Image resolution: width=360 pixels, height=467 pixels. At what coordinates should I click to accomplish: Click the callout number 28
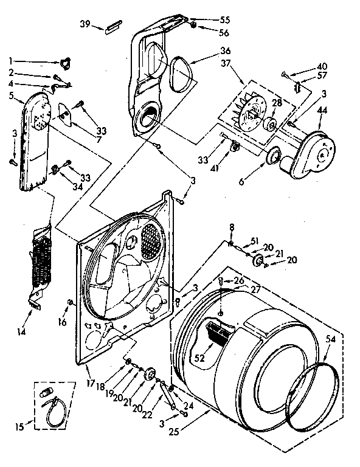coord(277,103)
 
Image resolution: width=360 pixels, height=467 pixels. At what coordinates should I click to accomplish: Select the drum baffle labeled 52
coord(219,333)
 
